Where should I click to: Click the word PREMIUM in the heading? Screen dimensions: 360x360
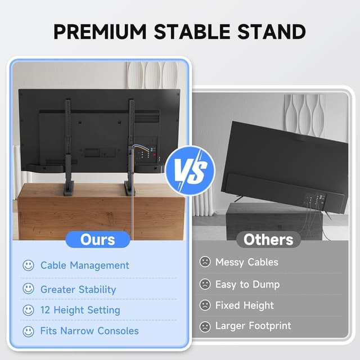click(101, 31)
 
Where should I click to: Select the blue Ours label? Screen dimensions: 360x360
click(98, 240)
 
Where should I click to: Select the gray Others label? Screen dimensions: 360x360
click(268, 240)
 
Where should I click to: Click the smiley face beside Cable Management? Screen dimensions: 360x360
click(28, 265)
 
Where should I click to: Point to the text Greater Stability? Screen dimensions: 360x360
click(78, 290)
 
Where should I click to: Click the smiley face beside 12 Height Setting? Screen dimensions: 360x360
click(28, 310)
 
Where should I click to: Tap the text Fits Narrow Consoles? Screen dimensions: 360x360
click(89, 331)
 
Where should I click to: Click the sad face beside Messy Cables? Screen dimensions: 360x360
click(205, 262)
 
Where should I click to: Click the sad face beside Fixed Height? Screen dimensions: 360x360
click(205, 305)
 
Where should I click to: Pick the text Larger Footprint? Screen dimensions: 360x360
click(253, 326)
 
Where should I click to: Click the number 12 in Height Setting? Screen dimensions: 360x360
click(46, 310)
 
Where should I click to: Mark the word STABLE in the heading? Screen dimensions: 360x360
click(190, 31)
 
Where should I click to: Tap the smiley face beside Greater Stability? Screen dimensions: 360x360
click(28, 289)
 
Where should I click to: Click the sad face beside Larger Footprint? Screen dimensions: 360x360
click(205, 326)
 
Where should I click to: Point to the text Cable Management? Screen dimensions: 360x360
click(84, 265)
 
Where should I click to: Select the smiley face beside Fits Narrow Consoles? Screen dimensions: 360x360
click(28, 331)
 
